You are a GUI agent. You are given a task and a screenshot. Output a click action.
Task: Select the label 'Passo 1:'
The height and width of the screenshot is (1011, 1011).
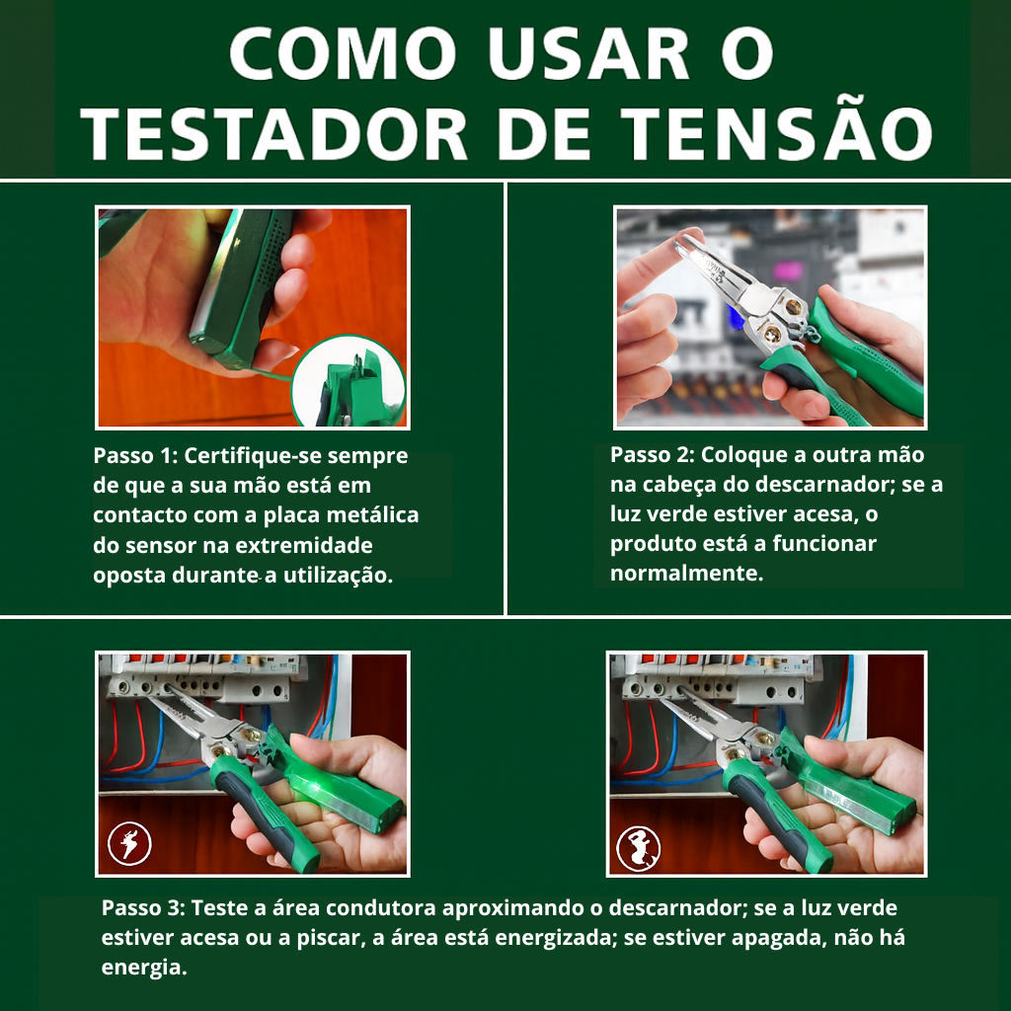click(134, 457)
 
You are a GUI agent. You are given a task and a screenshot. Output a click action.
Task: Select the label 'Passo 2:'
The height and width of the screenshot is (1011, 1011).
click(652, 455)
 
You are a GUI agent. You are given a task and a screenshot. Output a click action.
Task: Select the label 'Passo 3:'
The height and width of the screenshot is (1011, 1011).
click(143, 908)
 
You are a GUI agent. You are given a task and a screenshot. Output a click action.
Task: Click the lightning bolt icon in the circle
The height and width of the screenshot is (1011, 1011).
click(130, 845)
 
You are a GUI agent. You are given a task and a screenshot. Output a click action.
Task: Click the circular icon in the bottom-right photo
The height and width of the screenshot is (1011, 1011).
click(638, 847)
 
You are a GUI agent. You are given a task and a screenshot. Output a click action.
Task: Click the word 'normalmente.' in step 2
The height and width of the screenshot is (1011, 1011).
click(686, 574)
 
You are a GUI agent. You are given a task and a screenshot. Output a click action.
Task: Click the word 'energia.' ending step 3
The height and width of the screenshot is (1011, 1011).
click(144, 968)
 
